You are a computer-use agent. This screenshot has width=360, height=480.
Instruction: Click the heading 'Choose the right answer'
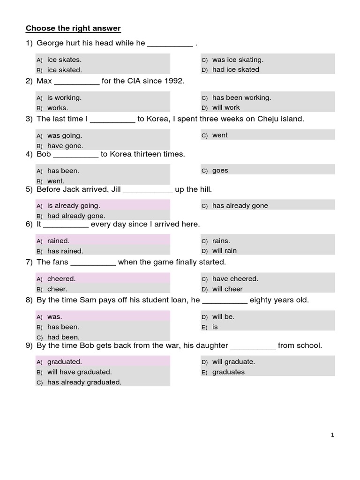[73, 29]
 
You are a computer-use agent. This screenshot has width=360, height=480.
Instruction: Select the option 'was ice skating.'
[238, 60]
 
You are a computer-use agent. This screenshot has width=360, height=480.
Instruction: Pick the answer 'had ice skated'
[235, 69]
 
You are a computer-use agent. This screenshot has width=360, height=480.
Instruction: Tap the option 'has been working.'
[241, 97]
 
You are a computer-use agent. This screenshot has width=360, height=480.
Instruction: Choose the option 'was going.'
[65, 135]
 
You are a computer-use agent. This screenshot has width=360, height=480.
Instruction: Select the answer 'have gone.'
[65, 146]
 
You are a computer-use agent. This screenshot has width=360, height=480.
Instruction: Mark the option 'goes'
[220, 171]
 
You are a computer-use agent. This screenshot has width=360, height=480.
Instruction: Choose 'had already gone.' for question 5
[76, 216]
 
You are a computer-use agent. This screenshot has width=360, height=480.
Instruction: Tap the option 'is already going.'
[74, 205]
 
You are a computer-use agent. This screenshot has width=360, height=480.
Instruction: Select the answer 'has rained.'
[65, 251]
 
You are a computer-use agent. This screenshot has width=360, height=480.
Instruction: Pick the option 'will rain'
[225, 251]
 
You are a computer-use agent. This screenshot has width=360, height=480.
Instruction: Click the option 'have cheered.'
[235, 278]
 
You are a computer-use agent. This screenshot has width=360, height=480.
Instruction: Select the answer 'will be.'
[223, 316]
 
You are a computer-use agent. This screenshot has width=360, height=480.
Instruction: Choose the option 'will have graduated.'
[79, 372]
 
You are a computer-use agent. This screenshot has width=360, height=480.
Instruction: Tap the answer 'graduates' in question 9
[228, 372]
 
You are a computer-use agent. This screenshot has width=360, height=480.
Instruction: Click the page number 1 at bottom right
[332, 435]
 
